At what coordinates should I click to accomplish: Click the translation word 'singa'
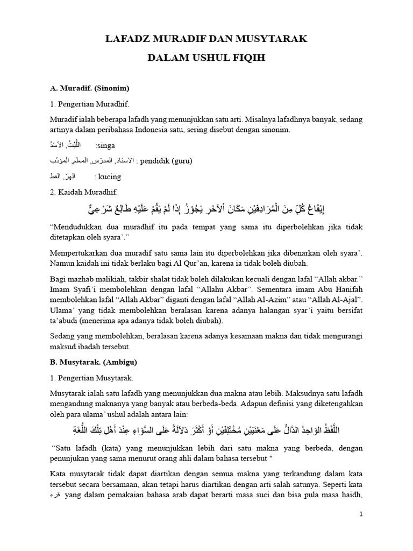coord(106,145)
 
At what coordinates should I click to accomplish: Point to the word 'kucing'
coord(109,176)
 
